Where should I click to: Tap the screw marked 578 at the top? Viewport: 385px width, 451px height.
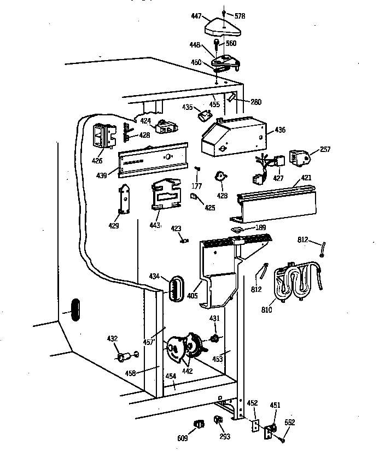coord(224,12)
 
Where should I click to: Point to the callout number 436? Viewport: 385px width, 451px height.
coord(279,130)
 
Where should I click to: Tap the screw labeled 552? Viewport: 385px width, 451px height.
coord(283,440)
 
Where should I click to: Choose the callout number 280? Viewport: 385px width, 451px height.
coord(256,102)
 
